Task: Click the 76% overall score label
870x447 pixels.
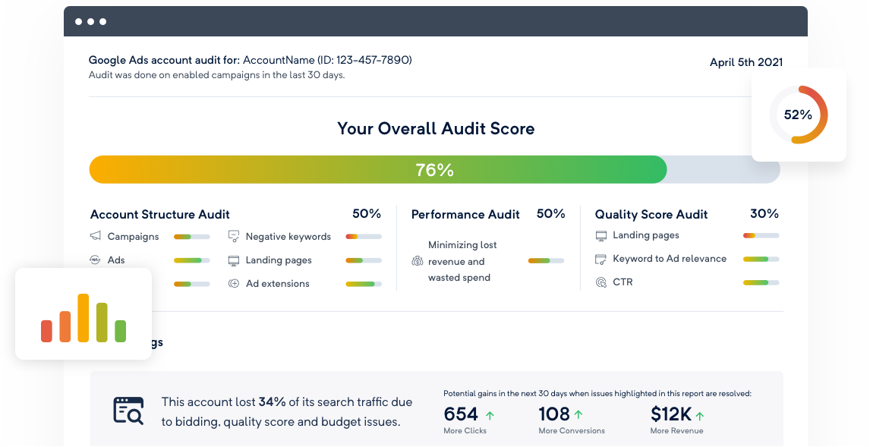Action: (x=434, y=170)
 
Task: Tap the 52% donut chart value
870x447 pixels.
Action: (x=798, y=115)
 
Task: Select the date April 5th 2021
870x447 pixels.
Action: (x=745, y=62)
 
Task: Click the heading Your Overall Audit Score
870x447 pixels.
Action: (x=436, y=129)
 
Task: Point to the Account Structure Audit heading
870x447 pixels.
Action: (x=160, y=215)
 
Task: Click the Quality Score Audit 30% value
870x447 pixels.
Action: (x=764, y=214)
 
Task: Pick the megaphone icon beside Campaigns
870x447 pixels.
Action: (x=96, y=236)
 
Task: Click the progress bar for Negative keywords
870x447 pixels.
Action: (x=363, y=237)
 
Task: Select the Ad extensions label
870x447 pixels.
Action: (x=277, y=284)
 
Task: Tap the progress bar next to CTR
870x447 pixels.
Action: (x=761, y=282)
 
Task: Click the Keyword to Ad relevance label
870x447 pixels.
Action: (x=670, y=259)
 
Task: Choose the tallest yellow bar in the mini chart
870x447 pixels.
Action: (x=84, y=318)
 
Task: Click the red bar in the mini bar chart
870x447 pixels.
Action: (x=47, y=331)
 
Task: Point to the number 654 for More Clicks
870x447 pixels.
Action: (x=461, y=414)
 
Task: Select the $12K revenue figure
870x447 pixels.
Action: (x=671, y=414)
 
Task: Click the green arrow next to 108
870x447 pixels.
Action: (x=579, y=414)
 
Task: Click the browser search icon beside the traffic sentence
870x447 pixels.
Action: (x=128, y=410)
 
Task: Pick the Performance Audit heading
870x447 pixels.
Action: (x=465, y=215)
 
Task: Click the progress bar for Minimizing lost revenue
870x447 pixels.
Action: (x=546, y=261)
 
